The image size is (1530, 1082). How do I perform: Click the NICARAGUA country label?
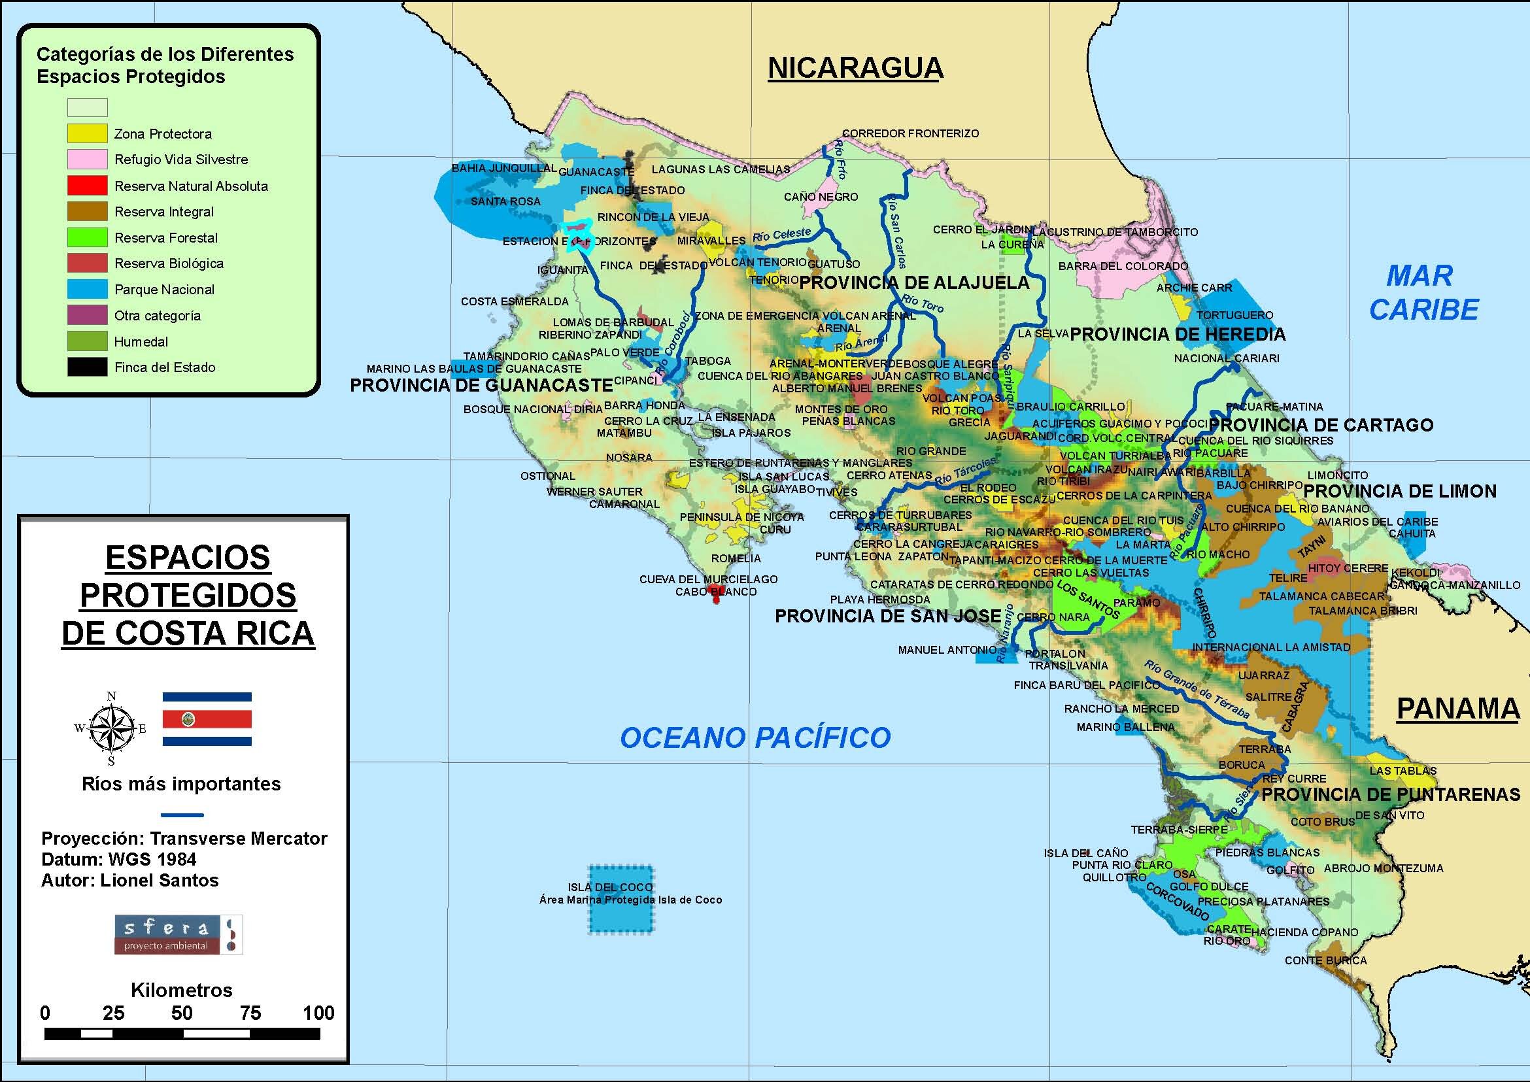855,69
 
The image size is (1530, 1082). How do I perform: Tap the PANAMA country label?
1457,708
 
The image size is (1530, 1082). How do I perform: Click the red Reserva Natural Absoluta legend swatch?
88,185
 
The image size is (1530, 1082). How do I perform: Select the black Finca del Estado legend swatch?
88,367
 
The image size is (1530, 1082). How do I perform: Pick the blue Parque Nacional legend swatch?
88,289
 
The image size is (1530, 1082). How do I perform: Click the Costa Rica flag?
207,719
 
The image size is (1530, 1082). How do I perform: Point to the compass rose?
111,728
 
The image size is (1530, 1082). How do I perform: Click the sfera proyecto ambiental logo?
178,935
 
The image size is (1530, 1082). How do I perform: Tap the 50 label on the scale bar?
181,1013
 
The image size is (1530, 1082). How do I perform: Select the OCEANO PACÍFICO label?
755,737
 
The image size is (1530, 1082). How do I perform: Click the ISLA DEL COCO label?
610,887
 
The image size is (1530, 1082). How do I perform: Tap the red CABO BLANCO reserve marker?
717,597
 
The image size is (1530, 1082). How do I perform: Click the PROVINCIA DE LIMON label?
1400,492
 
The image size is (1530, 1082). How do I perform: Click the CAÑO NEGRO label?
821,197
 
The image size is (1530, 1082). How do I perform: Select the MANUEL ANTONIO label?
947,650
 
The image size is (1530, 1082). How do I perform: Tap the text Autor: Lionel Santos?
130,880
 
